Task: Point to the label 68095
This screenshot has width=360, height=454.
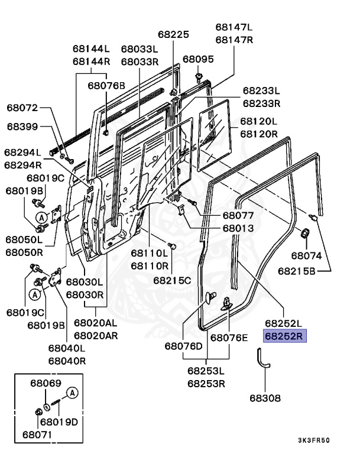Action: tap(198, 59)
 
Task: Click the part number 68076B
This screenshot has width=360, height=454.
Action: tap(106, 86)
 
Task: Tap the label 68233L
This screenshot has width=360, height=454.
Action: tap(261, 90)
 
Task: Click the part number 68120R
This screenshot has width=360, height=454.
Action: tap(258, 134)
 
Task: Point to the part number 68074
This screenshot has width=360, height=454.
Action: tap(306, 256)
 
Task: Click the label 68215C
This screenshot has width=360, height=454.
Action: tap(172, 280)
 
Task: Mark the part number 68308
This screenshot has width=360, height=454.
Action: tap(265, 398)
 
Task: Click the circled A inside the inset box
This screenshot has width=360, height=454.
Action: tap(72, 393)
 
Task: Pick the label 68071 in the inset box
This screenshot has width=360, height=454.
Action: tap(37, 434)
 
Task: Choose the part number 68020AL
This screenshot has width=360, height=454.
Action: tap(95, 323)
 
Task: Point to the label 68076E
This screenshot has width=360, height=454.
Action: tap(230, 338)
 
